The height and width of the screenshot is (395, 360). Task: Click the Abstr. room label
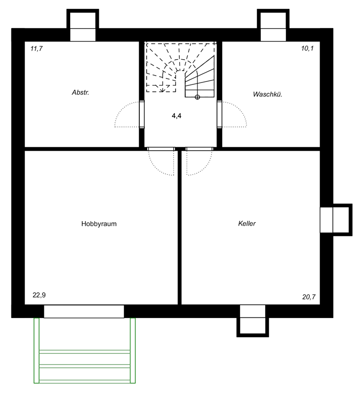[80, 92]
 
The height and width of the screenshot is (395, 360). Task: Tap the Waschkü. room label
[268, 94]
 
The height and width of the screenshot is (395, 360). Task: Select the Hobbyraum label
[99, 224]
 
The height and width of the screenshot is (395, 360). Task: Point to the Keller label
[247, 224]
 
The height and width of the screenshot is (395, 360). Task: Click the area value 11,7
[37, 48]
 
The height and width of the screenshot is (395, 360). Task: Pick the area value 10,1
[307, 48]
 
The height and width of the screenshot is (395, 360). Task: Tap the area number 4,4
[177, 116]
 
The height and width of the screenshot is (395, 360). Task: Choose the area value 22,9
[39, 295]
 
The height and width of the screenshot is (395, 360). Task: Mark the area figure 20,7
[309, 297]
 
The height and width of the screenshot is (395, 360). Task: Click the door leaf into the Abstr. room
[142, 115]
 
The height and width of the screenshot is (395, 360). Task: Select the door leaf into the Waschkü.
[219, 115]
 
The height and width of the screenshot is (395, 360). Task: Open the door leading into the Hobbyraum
[161, 149]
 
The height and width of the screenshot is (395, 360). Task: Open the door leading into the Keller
[200, 149]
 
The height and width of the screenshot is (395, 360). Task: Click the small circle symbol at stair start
[197, 97]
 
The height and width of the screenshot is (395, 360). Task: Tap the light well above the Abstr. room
[82, 25]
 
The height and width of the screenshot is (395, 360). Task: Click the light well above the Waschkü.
[273, 25]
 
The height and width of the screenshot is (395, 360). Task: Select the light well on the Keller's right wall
[336, 220]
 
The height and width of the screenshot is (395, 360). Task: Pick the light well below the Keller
[253, 321]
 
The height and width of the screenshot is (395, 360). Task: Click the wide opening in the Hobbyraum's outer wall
[84, 312]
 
